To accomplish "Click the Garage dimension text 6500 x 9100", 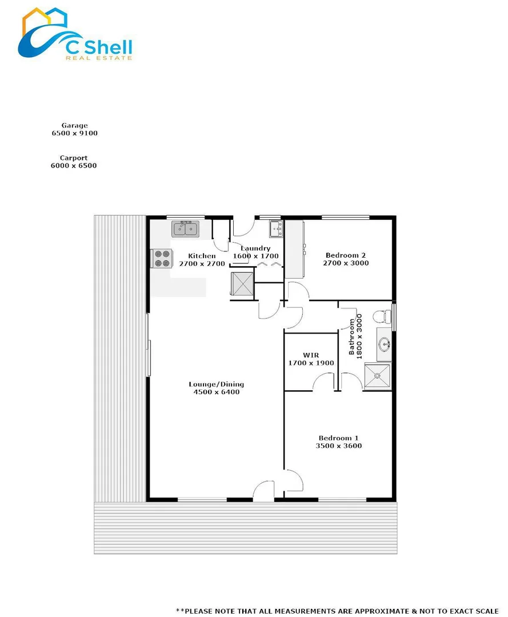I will click(75, 133).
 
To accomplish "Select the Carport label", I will click(74, 158).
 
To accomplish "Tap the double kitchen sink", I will click(185, 229).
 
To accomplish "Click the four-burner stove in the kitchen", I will click(162, 259).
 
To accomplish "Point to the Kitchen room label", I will click(202, 256).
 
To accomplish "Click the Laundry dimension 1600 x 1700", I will click(255, 256).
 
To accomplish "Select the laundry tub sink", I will click(276, 229).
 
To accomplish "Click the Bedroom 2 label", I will click(346, 255).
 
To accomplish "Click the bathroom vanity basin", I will click(385, 344).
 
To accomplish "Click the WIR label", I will click(310, 355).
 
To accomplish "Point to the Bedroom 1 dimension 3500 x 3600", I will click(339, 446).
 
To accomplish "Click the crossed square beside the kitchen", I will click(242, 284).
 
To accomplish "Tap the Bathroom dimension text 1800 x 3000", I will click(359, 336).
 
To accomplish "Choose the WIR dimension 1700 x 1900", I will click(310, 363).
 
